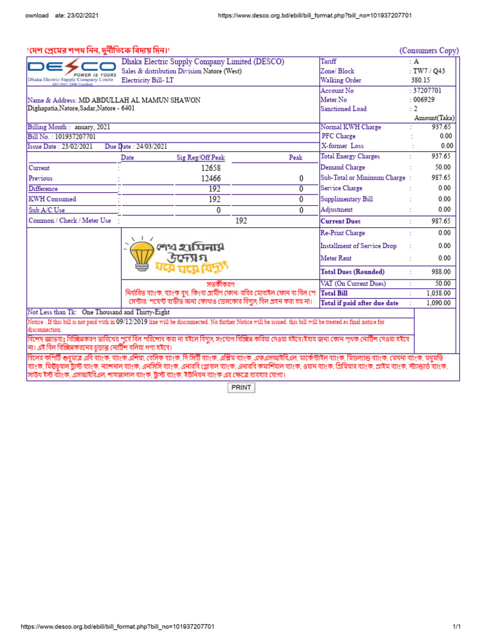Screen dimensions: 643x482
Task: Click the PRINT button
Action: (x=241, y=387)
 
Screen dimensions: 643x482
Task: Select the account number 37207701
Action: (x=427, y=90)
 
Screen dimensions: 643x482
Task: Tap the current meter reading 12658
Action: (x=211, y=168)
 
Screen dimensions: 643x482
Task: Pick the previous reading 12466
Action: (x=211, y=179)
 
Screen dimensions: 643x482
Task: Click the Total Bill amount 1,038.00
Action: (x=438, y=293)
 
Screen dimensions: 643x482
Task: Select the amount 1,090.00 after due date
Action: (x=438, y=303)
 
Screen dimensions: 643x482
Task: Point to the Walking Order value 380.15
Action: (x=420, y=80)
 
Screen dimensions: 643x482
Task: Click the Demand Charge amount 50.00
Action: (x=442, y=167)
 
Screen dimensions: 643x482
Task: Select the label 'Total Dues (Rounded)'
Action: (x=353, y=272)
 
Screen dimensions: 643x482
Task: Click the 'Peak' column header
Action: (x=295, y=158)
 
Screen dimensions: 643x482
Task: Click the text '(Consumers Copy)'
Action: (x=429, y=51)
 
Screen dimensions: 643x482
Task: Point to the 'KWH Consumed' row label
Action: (x=52, y=199)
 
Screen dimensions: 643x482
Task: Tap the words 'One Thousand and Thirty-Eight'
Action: (x=125, y=312)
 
